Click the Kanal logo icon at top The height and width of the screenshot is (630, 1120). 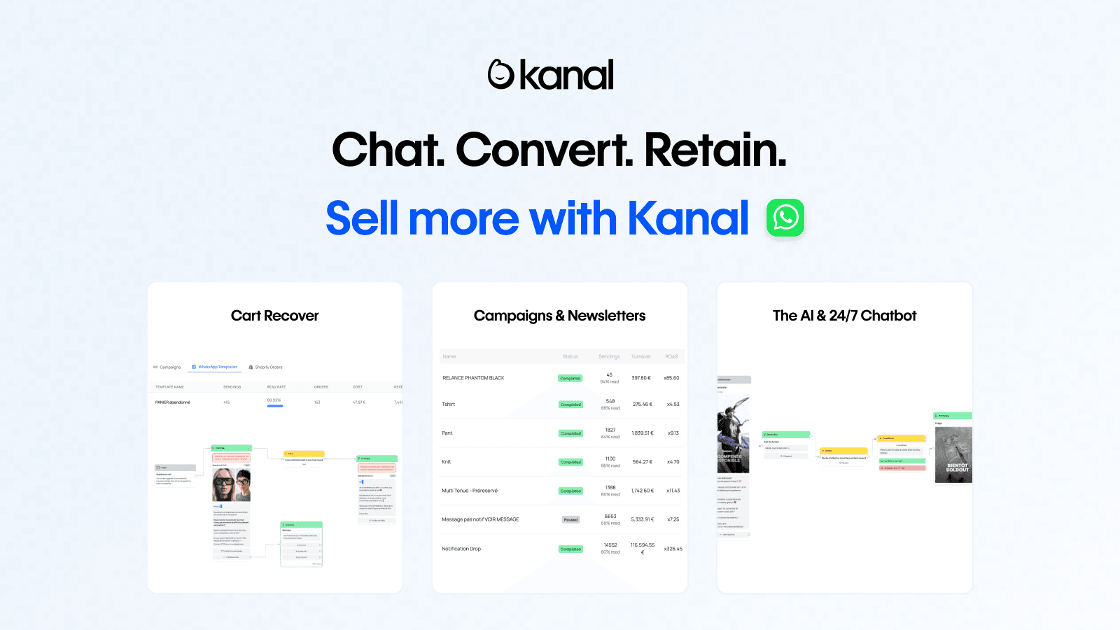click(501, 75)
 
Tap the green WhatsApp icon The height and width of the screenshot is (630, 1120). click(785, 218)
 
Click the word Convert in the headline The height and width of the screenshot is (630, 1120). click(544, 150)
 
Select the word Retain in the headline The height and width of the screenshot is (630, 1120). click(715, 150)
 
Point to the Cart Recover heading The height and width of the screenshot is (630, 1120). click(274, 316)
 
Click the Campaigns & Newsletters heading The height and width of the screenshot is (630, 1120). click(559, 316)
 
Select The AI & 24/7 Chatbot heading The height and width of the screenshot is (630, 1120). click(844, 316)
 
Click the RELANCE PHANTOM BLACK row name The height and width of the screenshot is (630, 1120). click(473, 378)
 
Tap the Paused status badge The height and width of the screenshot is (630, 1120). click(570, 519)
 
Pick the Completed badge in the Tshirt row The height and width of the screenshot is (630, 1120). click(570, 405)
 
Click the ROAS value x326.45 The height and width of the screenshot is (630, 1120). click(673, 549)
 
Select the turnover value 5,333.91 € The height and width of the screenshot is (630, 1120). click(642, 519)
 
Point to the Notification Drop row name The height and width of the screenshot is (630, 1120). click(461, 549)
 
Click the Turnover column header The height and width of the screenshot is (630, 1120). click(640, 357)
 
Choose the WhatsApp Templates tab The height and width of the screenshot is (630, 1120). click(217, 367)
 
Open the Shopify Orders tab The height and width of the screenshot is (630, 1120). click(268, 367)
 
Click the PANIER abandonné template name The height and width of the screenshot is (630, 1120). click(173, 402)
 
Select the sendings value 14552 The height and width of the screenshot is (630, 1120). click(610, 545)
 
